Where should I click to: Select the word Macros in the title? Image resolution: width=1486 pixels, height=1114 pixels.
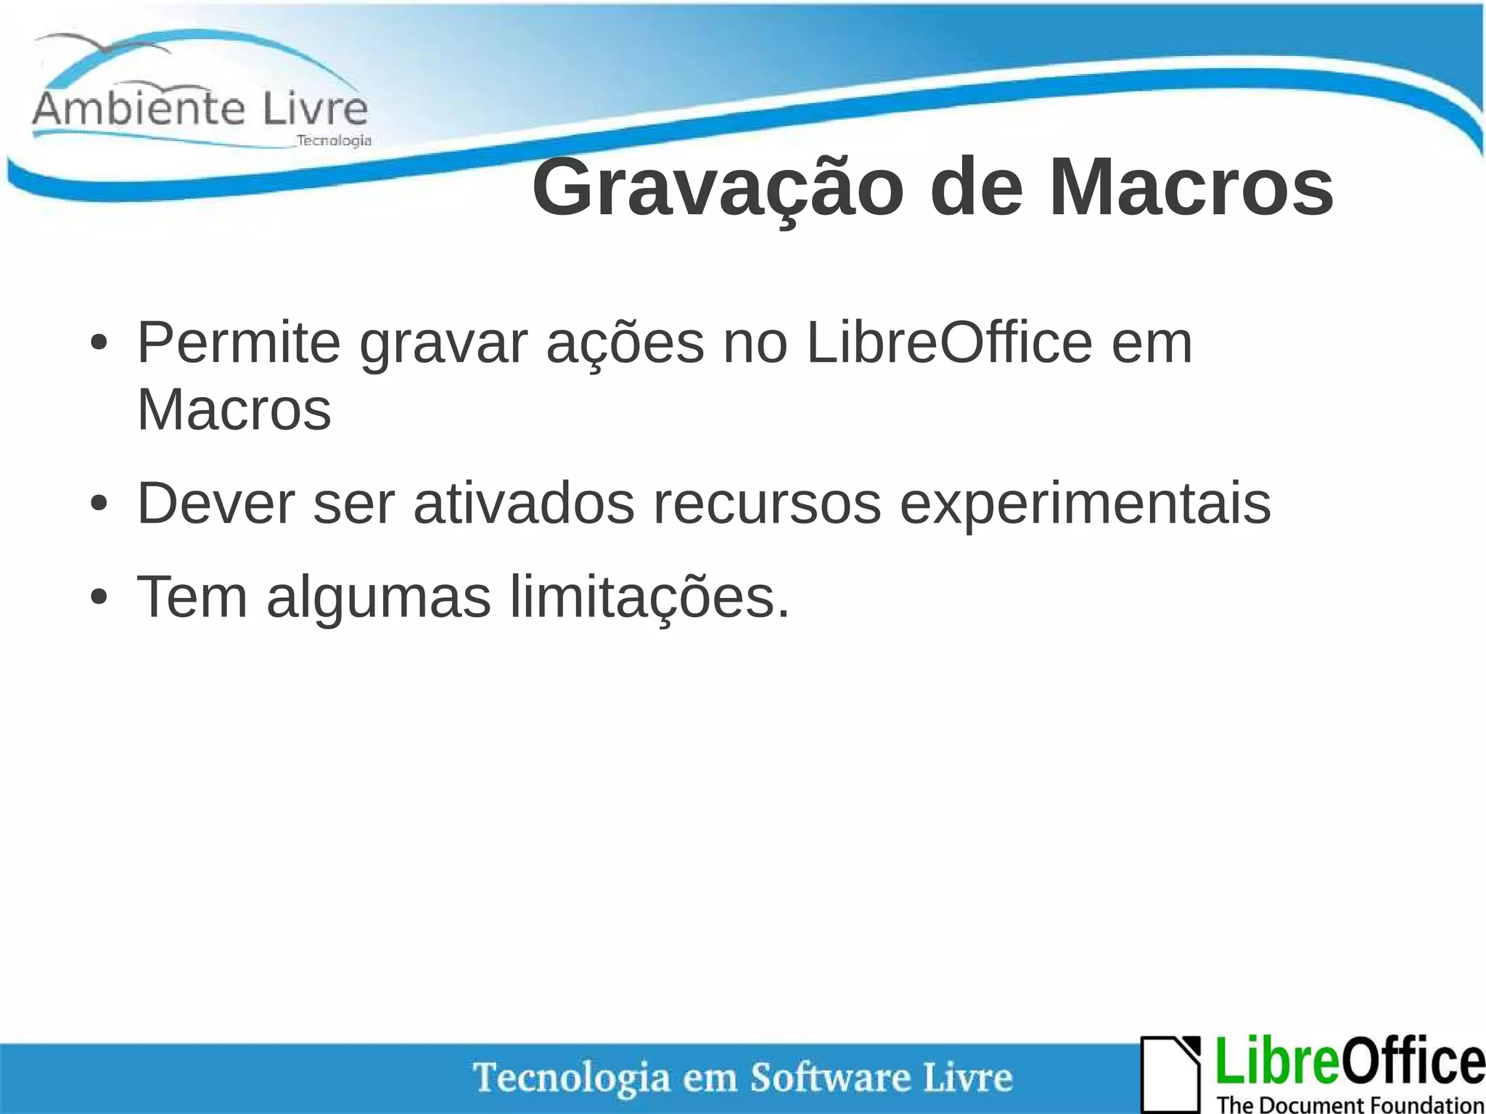coord(1191,189)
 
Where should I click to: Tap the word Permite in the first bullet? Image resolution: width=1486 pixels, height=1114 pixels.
coord(239,343)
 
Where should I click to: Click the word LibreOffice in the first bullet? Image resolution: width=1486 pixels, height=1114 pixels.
coord(948,343)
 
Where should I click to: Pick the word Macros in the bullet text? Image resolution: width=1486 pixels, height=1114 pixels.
coord(234,409)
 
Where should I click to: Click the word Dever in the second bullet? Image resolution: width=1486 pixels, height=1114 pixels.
coord(215,503)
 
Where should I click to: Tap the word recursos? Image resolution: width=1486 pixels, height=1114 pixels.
coord(767,503)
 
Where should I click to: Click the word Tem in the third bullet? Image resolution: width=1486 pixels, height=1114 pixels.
coord(192,597)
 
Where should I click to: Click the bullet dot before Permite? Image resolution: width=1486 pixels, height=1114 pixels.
coord(99,344)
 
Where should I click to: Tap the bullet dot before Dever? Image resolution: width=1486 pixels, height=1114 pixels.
coord(99,504)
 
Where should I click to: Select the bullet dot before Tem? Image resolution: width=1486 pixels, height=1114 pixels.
coord(99,598)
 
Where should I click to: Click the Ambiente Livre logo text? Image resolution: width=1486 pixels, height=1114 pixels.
coord(200,109)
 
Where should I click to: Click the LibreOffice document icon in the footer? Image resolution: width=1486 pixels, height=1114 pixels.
coord(1170,1073)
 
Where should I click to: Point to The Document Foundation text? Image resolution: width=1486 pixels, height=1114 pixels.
coord(1350,1104)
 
